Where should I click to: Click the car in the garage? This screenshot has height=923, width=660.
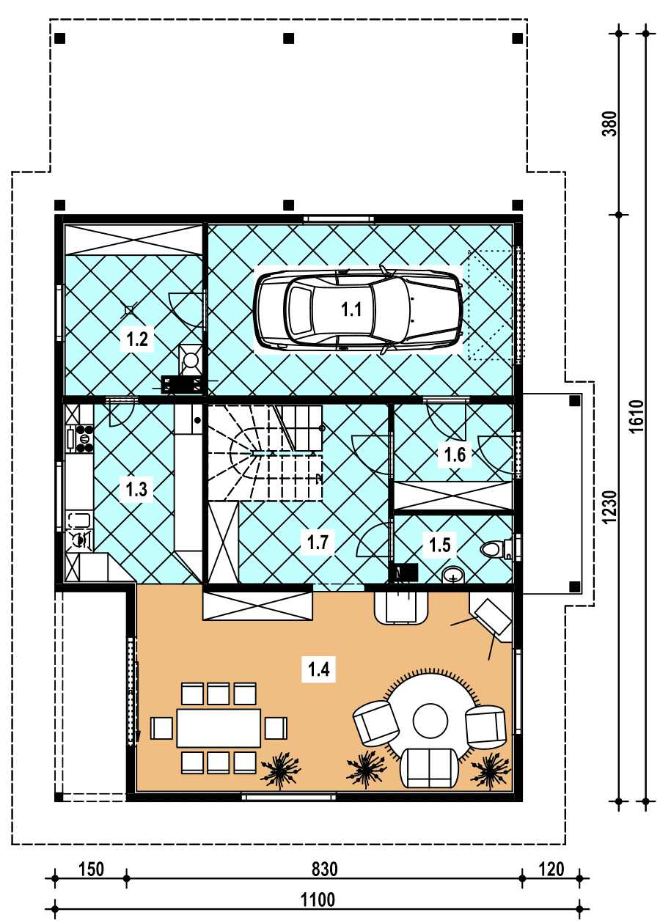pyautogui.click(x=358, y=309)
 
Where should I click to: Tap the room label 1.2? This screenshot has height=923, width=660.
pyautogui.click(x=137, y=339)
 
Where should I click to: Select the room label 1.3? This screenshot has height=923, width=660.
pyautogui.click(x=136, y=490)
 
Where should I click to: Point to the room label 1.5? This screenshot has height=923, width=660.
pyautogui.click(x=440, y=545)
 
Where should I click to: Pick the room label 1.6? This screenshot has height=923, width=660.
pyautogui.click(x=455, y=455)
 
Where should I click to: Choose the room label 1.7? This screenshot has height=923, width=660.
pyautogui.click(x=318, y=543)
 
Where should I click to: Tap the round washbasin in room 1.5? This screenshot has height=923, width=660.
pyautogui.click(x=453, y=575)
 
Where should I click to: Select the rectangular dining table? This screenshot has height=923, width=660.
pyautogui.click(x=219, y=728)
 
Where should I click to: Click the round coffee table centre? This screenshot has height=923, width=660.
pyautogui.click(x=430, y=721)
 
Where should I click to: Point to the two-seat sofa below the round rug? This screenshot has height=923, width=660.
pyautogui.click(x=429, y=768)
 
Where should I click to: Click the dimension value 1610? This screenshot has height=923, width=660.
pyautogui.click(x=637, y=416)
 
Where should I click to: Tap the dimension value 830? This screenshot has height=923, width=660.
pyautogui.click(x=324, y=869)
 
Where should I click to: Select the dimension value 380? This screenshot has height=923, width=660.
pyautogui.click(x=609, y=124)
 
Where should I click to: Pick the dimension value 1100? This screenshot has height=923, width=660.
pyautogui.click(x=318, y=900)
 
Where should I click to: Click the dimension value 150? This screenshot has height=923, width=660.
pyautogui.click(x=91, y=869)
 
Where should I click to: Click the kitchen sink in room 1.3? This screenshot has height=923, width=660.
pyautogui.click(x=78, y=520)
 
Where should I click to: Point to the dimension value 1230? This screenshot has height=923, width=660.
pyautogui.click(x=609, y=507)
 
